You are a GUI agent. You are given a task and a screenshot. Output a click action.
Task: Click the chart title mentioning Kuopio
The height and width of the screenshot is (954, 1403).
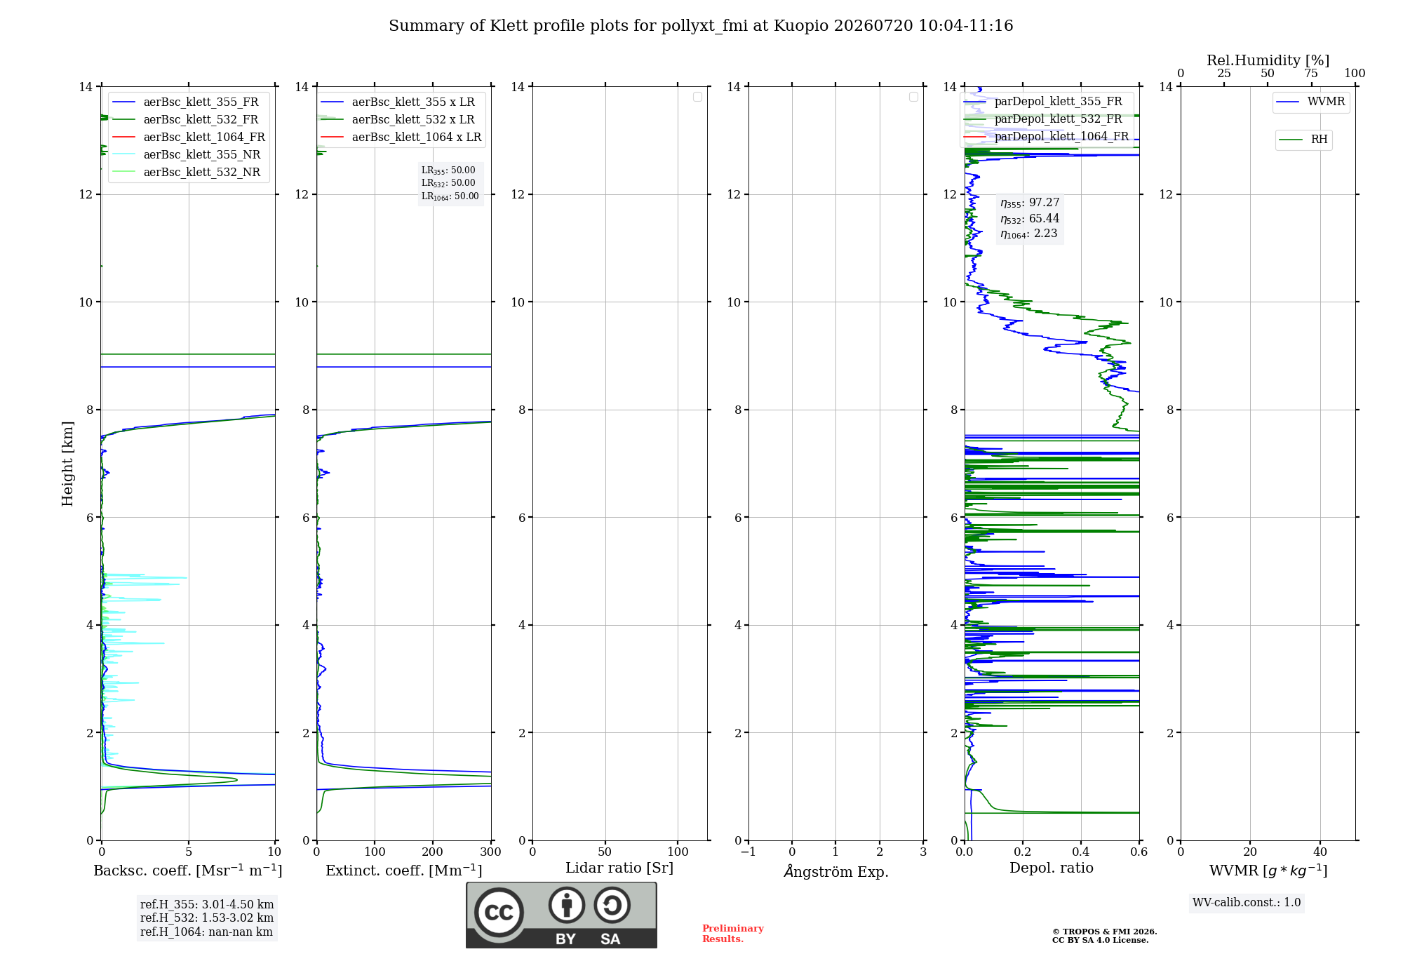pos(701,26)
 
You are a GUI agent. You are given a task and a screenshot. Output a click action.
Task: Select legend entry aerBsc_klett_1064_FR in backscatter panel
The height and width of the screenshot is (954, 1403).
pos(189,137)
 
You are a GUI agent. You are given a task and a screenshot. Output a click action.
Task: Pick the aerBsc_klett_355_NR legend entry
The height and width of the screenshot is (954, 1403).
pos(187,154)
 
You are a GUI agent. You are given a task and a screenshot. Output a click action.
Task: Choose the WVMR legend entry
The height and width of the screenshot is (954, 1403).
pos(1310,102)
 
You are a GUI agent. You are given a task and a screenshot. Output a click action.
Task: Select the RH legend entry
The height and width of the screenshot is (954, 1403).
pos(1303,140)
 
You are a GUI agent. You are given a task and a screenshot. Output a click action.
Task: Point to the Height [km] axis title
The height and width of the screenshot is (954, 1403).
pos(67,463)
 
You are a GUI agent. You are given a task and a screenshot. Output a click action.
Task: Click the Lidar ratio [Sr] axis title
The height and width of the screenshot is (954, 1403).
pos(619,868)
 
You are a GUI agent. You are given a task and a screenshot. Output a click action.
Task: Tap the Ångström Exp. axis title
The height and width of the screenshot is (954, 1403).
pos(836,871)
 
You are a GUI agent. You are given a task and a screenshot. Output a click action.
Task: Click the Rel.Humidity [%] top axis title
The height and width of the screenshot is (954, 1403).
pos(1268,60)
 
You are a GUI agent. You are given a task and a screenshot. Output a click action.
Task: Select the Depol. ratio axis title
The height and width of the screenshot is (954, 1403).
pos(1052,868)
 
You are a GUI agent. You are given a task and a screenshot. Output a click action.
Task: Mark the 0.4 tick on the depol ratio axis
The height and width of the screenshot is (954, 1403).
pos(1081,852)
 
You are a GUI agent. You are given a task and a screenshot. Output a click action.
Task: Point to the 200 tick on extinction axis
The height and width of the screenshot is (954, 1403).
pos(433,852)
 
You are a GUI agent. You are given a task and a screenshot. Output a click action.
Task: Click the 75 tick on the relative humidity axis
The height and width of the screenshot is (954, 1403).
pos(1311,73)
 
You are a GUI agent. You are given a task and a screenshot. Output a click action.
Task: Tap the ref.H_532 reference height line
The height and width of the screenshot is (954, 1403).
pos(206,918)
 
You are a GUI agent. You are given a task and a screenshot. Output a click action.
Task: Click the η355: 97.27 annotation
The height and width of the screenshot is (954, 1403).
pos(1030,203)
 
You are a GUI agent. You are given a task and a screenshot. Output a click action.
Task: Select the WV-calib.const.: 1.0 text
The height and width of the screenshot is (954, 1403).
pos(1247,902)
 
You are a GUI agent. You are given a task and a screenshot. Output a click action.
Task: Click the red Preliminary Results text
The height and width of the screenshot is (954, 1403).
pos(733,934)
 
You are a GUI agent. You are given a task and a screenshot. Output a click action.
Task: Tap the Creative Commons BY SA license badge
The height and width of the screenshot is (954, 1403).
pos(562,915)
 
